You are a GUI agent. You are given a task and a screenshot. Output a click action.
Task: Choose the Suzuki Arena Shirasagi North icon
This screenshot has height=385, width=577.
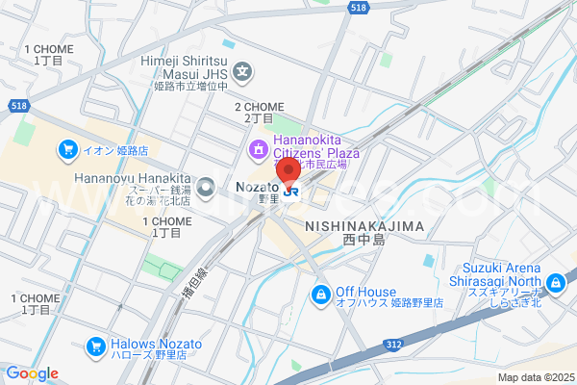(554, 283)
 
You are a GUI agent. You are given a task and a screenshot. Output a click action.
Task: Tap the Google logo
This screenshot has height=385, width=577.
(32, 373)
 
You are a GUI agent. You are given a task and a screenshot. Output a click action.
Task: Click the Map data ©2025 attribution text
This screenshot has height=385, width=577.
(535, 377)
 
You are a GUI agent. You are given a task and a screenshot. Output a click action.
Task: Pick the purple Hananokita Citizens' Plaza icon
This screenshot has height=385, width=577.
(258, 148)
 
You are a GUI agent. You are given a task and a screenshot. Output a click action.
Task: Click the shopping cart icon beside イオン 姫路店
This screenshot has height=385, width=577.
(67, 148)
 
